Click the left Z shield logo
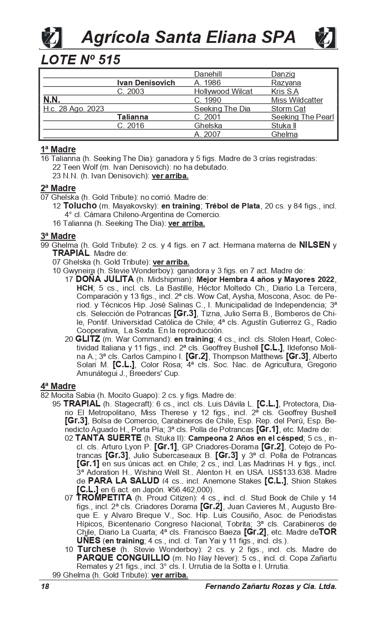pyautogui.click(x=52, y=37)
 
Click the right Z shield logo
pyautogui.click(x=325, y=37)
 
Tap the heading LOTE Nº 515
pyautogui.click(x=81, y=60)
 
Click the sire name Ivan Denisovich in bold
pyautogui.click(x=146, y=83)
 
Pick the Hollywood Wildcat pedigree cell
pyautogui.click(x=223, y=91)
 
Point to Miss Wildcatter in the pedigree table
pyautogui.click(x=297, y=100)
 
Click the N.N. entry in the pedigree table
pyautogui.click(x=52, y=100)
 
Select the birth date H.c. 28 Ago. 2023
pyautogui.click(x=73, y=109)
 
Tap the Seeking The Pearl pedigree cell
pyautogui.click(x=302, y=117)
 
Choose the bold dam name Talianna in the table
pyautogui.click(x=133, y=117)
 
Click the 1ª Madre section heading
pyautogui.click(x=58, y=150)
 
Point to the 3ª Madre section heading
pyautogui.click(x=58, y=236)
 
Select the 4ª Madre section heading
pyautogui.click(x=58, y=386)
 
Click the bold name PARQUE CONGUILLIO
pyautogui.click(x=123, y=558)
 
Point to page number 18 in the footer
pyautogui.click(x=45, y=587)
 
